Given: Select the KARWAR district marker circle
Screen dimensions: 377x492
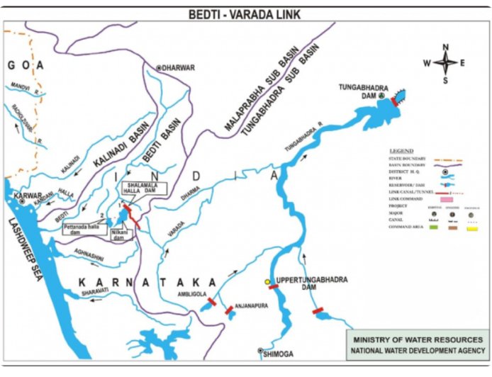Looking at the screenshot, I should coord(23,201).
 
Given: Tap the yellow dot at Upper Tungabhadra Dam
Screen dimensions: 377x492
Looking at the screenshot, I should coord(268,282).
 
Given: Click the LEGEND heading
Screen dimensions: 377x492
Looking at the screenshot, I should coord(402,152).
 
